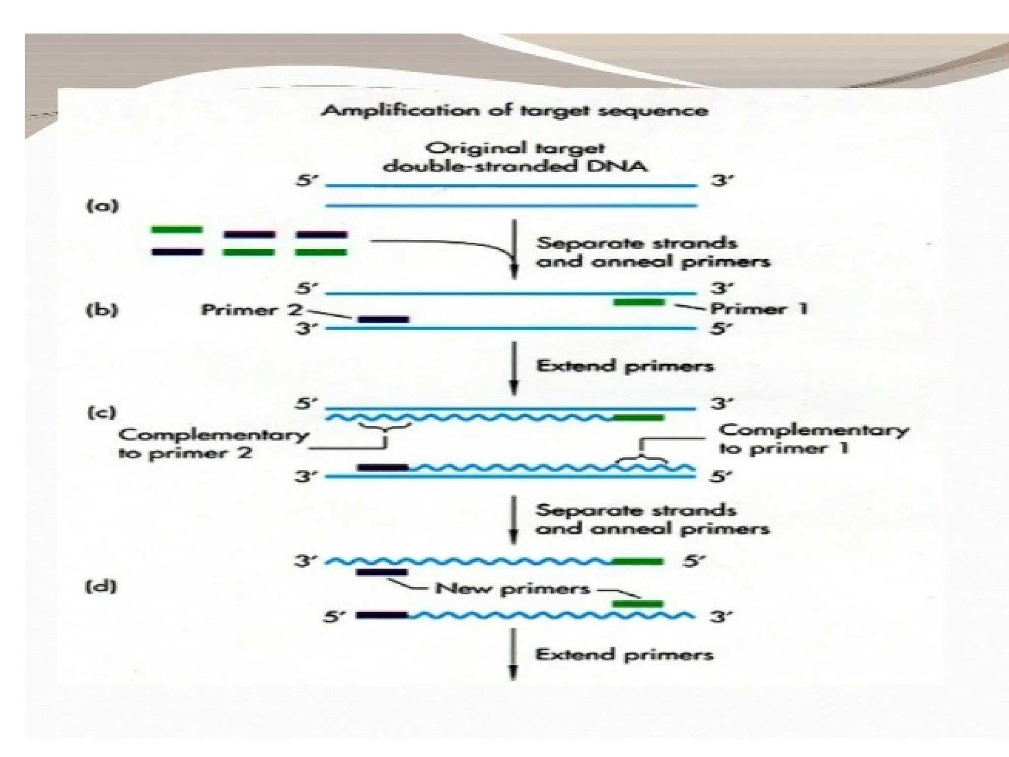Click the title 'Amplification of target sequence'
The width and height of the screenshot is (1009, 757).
[514, 110]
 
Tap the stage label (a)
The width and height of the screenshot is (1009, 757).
[102, 206]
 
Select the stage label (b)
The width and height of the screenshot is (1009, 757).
[102, 310]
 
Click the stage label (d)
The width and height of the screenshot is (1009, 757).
[101, 586]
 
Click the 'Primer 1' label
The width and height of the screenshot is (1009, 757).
[759, 309]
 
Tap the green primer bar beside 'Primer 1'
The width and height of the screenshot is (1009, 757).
[639, 302]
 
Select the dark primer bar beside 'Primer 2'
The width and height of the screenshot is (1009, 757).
[383, 319]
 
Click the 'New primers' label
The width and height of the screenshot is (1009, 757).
[512, 588]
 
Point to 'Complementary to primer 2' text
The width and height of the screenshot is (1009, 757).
[213, 444]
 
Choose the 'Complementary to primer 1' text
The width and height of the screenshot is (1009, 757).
[813, 439]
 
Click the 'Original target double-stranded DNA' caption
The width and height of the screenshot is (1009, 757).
[515, 157]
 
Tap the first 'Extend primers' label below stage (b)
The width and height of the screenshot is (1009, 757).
[625, 366]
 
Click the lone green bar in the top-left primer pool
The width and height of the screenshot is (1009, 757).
[177, 229]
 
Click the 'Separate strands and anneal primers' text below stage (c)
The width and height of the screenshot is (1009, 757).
[652, 519]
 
